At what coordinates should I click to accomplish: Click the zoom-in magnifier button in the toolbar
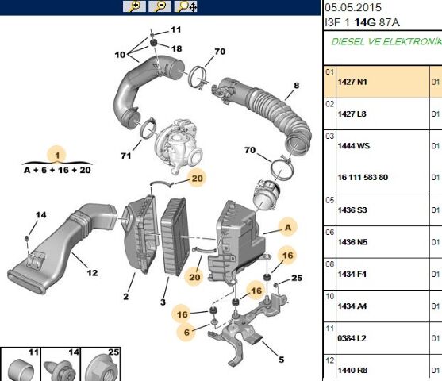134,6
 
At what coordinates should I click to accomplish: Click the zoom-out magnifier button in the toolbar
160,6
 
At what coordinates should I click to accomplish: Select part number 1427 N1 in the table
352,82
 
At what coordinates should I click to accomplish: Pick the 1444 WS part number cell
353,146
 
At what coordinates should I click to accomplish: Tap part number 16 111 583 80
363,177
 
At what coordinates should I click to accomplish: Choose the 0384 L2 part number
352,338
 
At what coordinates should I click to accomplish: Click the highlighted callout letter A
288,227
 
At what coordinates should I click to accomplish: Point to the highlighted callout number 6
186,333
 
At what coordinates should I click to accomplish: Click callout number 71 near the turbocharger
125,156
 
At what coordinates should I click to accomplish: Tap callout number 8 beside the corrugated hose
296,85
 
